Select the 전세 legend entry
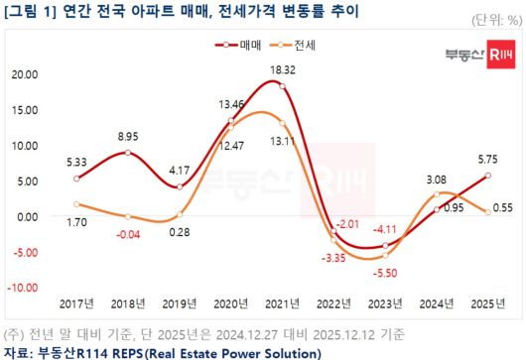click(x=295, y=46)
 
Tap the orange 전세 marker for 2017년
click(x=76, y=204)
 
